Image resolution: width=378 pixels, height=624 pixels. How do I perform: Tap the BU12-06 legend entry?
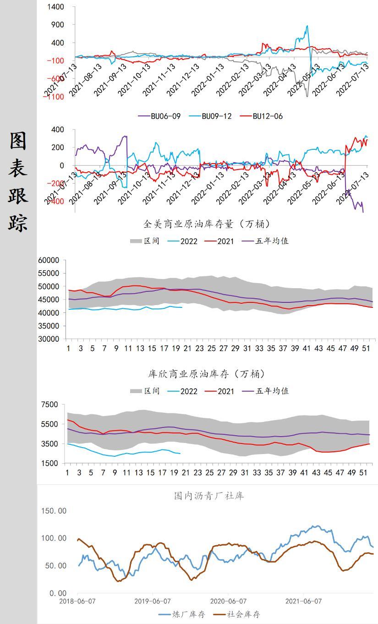click(268, 116)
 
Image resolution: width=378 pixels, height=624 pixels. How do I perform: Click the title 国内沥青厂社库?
click(209, 495)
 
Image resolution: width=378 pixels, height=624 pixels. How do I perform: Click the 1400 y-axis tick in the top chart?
click(55, 7)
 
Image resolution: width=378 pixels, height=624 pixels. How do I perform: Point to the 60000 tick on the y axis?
click(49, 260)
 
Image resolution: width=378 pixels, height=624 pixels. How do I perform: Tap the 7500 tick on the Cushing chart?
click(49, 405)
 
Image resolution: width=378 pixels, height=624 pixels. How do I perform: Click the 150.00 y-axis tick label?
click(54, 511)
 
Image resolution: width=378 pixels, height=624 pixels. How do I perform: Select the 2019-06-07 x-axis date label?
click(153, 601)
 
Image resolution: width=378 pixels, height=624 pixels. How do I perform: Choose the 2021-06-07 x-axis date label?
click(303, 601)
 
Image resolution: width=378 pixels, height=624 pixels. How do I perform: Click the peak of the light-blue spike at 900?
click(307, 26)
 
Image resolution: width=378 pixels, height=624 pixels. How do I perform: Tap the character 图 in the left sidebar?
click(18, 141)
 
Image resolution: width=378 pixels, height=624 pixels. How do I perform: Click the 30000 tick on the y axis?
click(49, 339)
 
